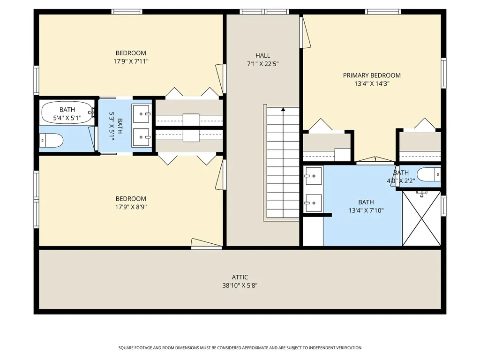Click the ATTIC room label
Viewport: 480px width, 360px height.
pyautogui.click(x=240, y=277)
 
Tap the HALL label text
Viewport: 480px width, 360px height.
pyautogui.click(x=262, y=55)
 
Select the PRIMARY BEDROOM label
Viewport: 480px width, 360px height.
pyautogui.click(x=372, y=75)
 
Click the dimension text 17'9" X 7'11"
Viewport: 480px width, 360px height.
pyautogui.click(x=131, y=61)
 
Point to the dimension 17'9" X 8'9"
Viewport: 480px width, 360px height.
pyautogui.click(x=131, y=207)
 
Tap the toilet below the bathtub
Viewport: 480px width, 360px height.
pyautogui.click(x=52, y=141)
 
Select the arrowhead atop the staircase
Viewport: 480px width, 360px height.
pyautogui.click(x=283, y=109)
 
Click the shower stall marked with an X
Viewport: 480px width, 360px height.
pyautogui.click(x=421, y=218)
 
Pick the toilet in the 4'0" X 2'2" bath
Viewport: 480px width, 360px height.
pyautogui.click(x=429, y=174)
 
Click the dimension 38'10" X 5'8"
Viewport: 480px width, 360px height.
pyautogui.click(x=240, y=285)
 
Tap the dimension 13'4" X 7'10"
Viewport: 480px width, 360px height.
pyautogui.click(x=366, y=210)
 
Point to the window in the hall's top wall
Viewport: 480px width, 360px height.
pyautogui.click(x=264, y=12)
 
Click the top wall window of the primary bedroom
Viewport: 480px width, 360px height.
pyautogui.click(x=383, y=12)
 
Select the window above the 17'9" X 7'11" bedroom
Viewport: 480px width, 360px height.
pyautogui.click(x=127, y=12)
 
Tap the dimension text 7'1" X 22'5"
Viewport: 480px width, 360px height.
pyautogui.click(x=262, y=64)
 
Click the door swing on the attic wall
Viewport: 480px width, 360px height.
pyautogui.click(x=207, y=243)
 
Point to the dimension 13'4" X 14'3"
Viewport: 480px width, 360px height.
pyautogui.click(x=372, y=83)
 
